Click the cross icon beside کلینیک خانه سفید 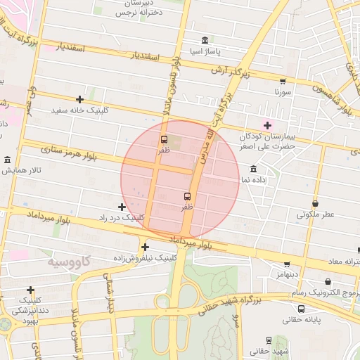79,99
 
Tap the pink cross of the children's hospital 267,124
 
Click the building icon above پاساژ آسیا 205,39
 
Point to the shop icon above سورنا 283,81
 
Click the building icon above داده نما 253,169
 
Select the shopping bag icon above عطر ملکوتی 315,203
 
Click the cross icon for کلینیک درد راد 122,207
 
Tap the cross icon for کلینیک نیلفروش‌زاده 145,247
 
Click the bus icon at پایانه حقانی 301,308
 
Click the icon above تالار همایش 7,160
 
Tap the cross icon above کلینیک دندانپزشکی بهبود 30,290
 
